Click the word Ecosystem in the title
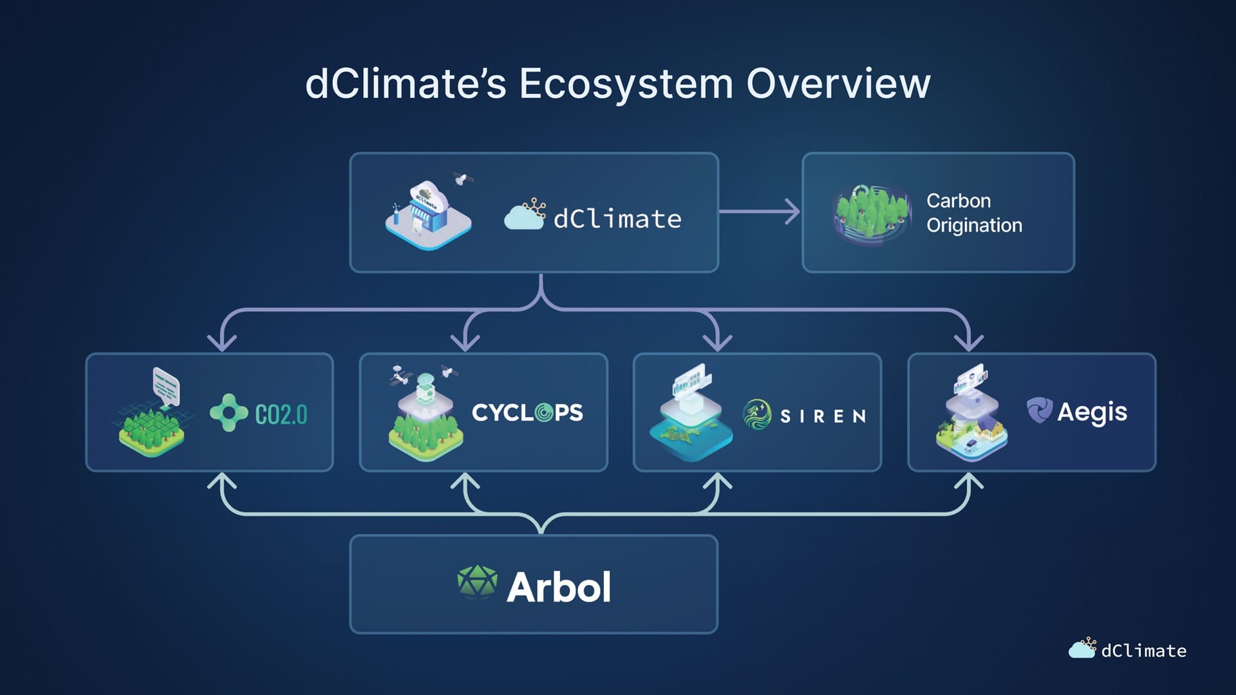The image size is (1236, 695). click(x=626, y=84)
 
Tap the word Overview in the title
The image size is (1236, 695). click(x=838, y=84)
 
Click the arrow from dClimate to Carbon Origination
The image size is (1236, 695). click(x=760, y=211)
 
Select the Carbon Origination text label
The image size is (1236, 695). click(x=974, y=213)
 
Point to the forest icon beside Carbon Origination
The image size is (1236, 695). click(x=872, y=213)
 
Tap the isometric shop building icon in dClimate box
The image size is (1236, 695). click(x=428, y=214)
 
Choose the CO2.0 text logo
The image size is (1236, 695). click(x=281, y=414)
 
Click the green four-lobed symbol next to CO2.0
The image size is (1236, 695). click(x=229, y=412)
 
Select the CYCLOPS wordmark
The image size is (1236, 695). click(x=527, y=412)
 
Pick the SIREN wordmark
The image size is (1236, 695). click(x=823, y=416)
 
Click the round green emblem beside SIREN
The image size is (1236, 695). click(x=757, y=414)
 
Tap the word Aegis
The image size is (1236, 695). click(x=1092, y=412)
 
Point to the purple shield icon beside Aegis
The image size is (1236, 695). click(x=1039, y=410)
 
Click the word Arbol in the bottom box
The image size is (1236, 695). click(x=559, y=587)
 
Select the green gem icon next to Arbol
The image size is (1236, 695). click(x=477, y=582)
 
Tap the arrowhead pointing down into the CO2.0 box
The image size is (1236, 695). click(x=222, y=342)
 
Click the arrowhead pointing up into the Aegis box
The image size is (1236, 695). click(x=968, y=481)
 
